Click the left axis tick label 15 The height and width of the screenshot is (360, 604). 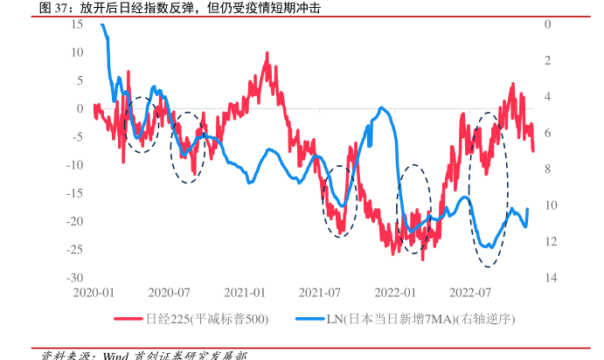click(x=77, y=24)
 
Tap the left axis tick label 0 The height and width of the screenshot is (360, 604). click(x=80, y=108)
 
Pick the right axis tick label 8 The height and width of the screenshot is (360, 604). click(x=547, y=169)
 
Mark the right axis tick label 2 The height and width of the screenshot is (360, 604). click(x=547, y=60)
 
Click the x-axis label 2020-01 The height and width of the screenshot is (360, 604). click(x=94, y=291)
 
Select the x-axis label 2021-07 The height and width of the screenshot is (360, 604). click(x=319, y=291)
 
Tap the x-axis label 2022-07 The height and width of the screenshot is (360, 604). click(x=469, y=291)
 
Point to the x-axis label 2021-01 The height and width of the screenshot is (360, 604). click(x=245, y=291)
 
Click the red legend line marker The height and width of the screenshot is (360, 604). click(x=128, y=319)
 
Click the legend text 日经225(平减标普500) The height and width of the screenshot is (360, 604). click(x=207, y=319)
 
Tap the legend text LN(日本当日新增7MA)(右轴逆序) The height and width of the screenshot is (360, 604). click(x=421, y=319)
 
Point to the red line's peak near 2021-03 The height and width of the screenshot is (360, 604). click(x=267, y=54)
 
